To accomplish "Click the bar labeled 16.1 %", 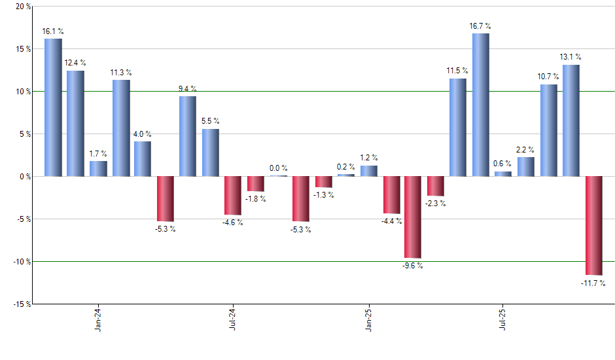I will tap(53, 107).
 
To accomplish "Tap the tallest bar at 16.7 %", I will tap(480, 105).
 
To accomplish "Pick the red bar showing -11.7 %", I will tap(593, 225).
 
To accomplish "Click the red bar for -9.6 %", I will tap(413, 217).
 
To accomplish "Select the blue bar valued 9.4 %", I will tap(188, 136).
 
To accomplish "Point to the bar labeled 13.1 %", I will tap(571, 120).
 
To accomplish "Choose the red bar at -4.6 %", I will tap(233, 195).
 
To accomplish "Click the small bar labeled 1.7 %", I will tap(98, 168).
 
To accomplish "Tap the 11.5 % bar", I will tap(458, 127).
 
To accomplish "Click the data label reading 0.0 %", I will tap(278, 168).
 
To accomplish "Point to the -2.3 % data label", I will tap(436, 204).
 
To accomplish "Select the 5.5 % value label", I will tap(211, 121).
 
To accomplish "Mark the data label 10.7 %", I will tap(548, 77).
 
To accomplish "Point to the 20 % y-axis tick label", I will tap(23, 7).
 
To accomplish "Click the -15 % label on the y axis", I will tap(22, 304).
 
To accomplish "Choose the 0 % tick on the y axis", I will tap(25, 177).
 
